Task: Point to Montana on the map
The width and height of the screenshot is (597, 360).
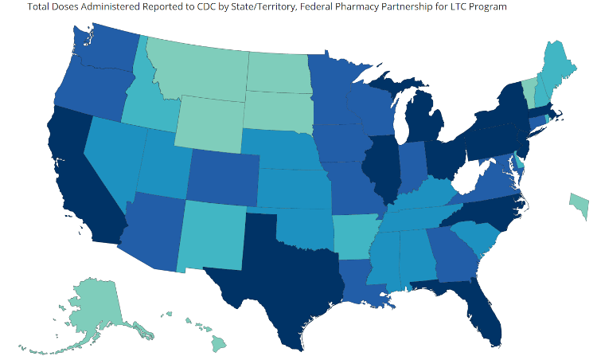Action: [199, 68]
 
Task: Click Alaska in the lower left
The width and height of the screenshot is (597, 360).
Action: [88, 307]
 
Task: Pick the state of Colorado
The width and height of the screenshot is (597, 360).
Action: [223, 175]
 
